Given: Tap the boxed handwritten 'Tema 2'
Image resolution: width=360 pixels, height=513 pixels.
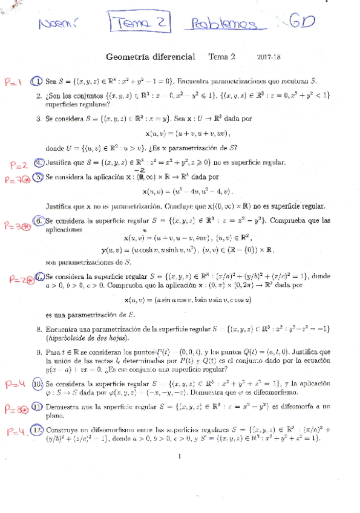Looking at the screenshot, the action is [x=139, y=24].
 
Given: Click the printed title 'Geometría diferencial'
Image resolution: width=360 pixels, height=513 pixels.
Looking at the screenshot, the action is [x=151, y=57].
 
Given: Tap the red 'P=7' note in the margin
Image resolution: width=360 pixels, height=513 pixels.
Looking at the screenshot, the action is [x=16, y=180].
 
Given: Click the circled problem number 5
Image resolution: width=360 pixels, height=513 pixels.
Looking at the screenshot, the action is [x=38, y=177].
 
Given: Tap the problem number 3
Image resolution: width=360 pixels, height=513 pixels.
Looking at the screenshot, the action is [x=39, y=119].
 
